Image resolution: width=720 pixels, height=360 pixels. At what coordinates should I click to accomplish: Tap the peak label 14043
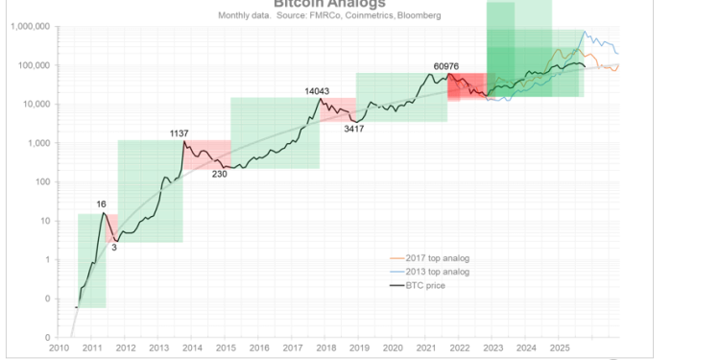pyautogui.click(x=318, y=91)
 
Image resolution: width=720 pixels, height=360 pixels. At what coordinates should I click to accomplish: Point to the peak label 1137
pyautogui.click(x=180, y=132)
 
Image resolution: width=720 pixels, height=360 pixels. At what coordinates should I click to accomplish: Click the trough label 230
pyautogui.click(x=220, y=173)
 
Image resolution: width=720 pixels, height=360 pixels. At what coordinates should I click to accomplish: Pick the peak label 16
pyautogui.click(x=101, y=204)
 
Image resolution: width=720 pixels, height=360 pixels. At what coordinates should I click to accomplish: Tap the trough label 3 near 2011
pyautogui.click(x=113, y=246)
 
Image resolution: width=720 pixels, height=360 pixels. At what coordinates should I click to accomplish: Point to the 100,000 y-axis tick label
pyautogui.click(x=34, y=65)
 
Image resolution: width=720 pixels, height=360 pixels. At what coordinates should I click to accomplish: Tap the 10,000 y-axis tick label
pyautogui.click(x=36, y=104)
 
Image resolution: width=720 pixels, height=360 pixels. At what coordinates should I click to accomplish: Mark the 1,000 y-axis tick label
pyautogui.click(x=38, y=143)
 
